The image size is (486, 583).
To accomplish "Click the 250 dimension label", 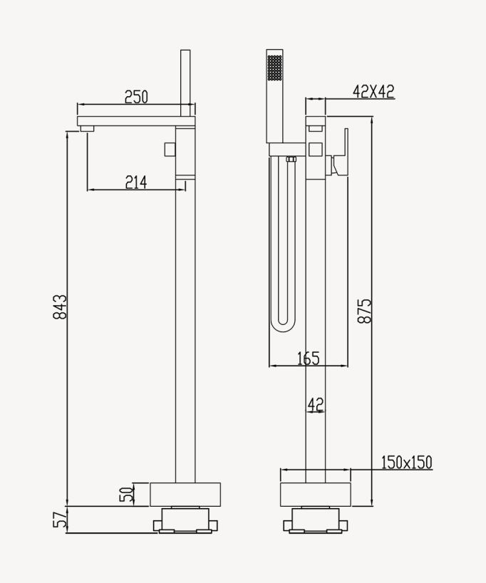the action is (136, 97).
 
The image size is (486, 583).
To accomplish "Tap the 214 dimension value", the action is (136, 182).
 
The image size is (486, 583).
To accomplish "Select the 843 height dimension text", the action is (60, 307).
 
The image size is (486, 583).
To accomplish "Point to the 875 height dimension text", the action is (364, 311).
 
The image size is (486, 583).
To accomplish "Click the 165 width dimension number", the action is (309, 358).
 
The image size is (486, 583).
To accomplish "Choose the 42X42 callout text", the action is (373, 91).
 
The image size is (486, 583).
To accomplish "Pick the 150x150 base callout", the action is (407, 463).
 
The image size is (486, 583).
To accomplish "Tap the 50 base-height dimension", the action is (127, 494).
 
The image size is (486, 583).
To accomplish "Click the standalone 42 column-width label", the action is (316, 404).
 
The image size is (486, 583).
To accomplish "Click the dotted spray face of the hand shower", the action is (275, 67).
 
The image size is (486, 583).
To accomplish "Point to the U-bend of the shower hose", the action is (283, 324).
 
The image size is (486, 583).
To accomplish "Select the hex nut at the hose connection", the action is (291, 160).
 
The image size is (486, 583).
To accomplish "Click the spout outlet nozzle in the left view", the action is (87, 129).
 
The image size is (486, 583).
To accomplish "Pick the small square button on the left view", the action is (170, 150).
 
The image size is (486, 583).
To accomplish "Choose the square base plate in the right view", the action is (315, 495).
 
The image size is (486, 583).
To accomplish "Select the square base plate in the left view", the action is (185, 495).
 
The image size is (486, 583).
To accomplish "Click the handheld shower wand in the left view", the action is (185, 83).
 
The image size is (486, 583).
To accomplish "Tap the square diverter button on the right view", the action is (315, 150).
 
